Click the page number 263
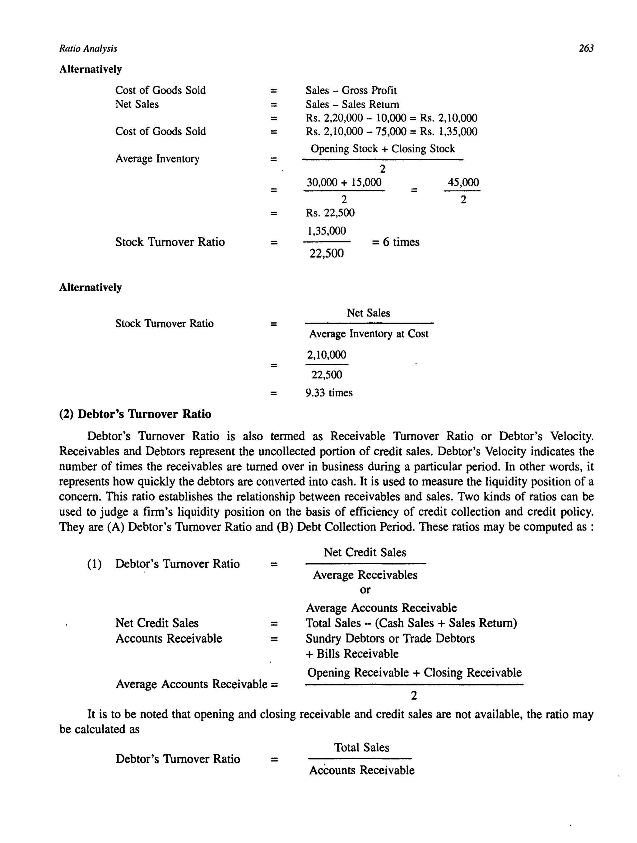tap(586, 49)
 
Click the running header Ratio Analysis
tap(88, 49)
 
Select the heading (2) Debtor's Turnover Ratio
tap(135, 414)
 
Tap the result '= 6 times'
tap(395, 242)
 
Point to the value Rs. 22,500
tap(330, 213)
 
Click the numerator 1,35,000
tap(327, 231)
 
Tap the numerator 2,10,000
tap(327, 355)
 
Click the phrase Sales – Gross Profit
tap(351, 90)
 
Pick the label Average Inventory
tap(157, 158)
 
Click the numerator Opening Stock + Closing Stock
tap(383, 149)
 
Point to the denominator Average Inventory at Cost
tap(368, 334)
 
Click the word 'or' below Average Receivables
tap(365, 590)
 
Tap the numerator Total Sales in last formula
tap(361, 747)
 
